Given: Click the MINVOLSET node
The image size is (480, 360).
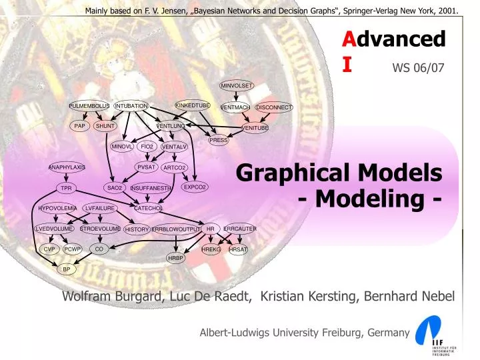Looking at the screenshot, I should (x=237, y=85).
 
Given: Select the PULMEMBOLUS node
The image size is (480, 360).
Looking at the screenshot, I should (x=89, y=106).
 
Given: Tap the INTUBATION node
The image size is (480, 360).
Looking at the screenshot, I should (x=131, y=106).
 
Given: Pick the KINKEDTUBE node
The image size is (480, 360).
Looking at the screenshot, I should (x=193, y=105).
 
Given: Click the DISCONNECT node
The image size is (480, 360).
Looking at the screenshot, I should (x=274, y=107).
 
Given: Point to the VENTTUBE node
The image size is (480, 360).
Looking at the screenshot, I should (x=255, y=127).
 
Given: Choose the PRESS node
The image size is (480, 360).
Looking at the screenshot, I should (x=219, y=140).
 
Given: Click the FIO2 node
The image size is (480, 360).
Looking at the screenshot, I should (x=147, y=146).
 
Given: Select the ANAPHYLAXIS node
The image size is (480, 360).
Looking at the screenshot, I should (x=67, y=167).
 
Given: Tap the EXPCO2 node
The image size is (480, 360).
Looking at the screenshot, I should (x=195, y=187).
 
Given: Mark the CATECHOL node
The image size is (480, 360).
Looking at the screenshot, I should (x=149, y=208).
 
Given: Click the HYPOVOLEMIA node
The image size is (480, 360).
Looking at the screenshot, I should (x=58, y=208).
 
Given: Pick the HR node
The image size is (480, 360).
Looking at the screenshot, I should (x=211, y=229).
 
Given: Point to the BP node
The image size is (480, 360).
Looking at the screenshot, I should (x=66, y=269).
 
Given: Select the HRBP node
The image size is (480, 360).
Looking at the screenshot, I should (x=175, y=258).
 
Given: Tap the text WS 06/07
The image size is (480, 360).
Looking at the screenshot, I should (x=418, y=67).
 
